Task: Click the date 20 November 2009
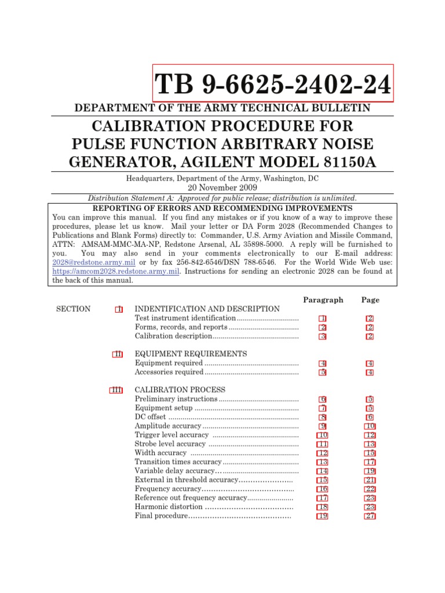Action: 222,188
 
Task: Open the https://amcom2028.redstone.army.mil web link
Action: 116,270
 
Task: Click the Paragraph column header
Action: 323,300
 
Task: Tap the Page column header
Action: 370,300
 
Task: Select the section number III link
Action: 116,390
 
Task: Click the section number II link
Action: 117,354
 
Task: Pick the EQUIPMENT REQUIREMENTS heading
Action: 191,354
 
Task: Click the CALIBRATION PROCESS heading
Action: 180,390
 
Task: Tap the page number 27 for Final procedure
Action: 370,516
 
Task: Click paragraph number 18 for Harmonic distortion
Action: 323,507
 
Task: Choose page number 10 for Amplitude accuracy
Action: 370,426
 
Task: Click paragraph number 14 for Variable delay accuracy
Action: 323,471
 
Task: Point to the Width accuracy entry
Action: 161,453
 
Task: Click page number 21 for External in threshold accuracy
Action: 370,480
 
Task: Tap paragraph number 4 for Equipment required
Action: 323,363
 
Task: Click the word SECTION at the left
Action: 73,309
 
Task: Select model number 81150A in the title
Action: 345,162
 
